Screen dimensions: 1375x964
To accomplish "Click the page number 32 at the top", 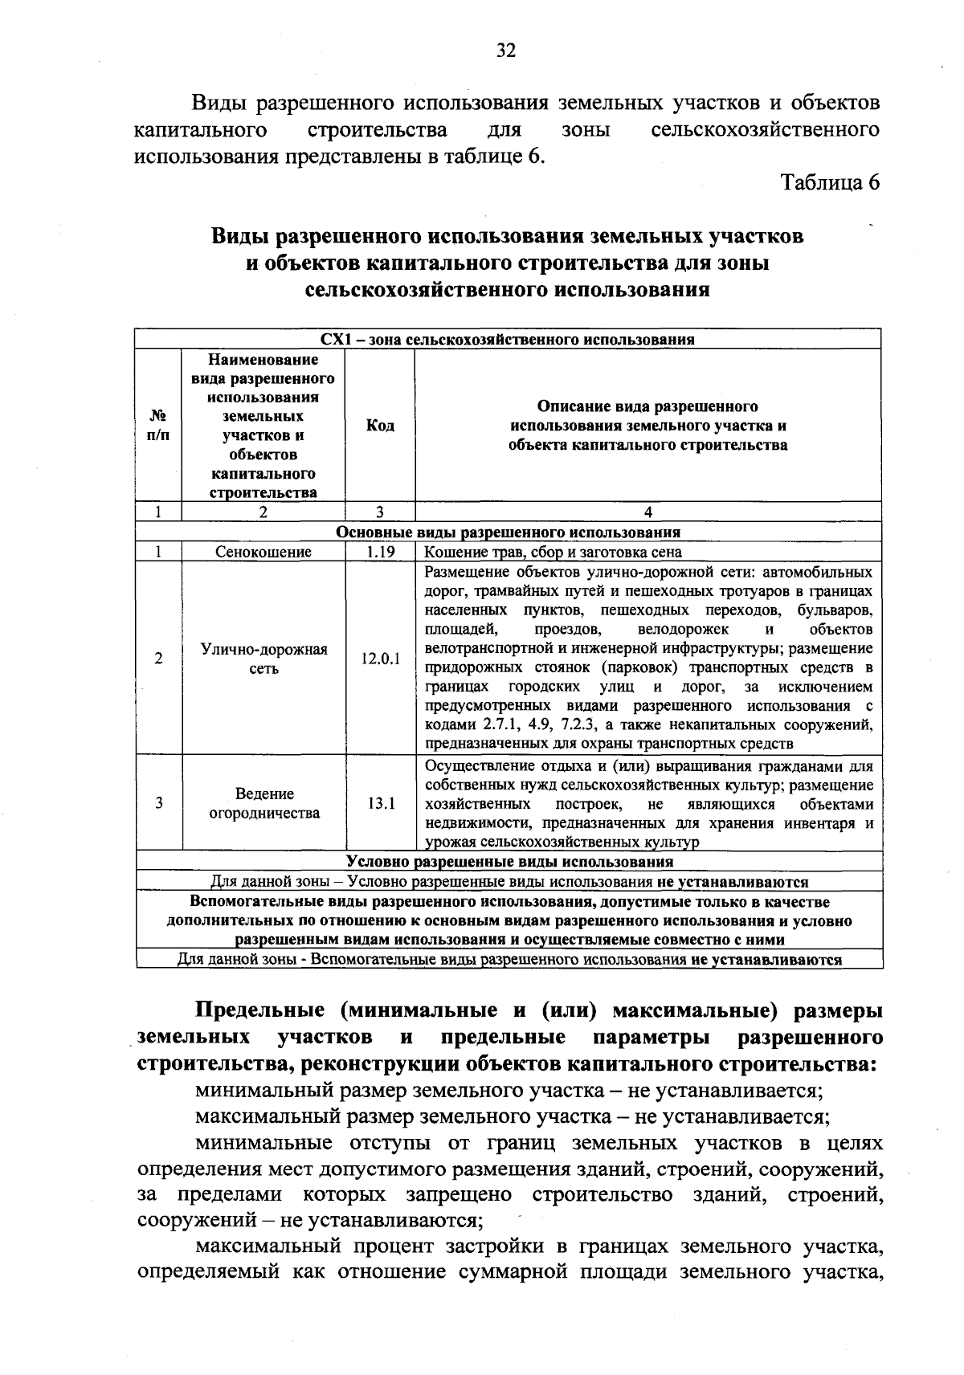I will (505, 51).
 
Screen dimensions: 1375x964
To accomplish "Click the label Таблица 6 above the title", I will (831, 182).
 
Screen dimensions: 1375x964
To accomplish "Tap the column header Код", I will (379, 426).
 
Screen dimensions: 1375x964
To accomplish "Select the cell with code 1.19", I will (379, 552).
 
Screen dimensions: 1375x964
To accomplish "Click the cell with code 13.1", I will (379, 803).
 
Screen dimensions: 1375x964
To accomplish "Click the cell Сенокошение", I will (263, 552).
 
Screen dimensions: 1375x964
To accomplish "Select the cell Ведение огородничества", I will (263, 803).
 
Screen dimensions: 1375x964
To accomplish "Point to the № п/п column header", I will (159, 426).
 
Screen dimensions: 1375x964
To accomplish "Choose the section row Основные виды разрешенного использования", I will (508, 532).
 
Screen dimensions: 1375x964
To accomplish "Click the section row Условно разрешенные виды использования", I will (508, 862).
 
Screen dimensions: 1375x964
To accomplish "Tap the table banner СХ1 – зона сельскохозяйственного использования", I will (508, 339).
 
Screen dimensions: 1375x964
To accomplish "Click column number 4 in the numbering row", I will (647, 512).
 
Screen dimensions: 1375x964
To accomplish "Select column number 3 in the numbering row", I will (379, 512).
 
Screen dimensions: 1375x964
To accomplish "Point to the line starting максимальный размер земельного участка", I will (513, 1116).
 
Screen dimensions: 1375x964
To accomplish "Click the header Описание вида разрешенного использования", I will (647, 426).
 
